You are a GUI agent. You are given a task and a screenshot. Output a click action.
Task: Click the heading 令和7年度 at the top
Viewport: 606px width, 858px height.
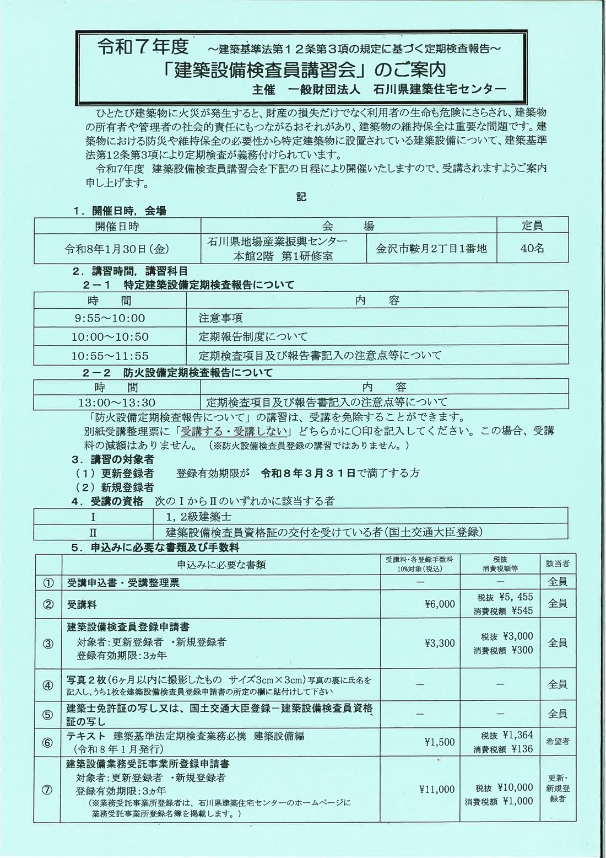point(143,46)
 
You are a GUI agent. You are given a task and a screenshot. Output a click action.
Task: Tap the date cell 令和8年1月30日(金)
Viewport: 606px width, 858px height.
point(117,249)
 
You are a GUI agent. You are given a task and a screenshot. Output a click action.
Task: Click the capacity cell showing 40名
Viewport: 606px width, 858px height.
point(532,249)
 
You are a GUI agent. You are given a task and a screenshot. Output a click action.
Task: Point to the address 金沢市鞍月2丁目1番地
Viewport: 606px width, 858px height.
point(431,249)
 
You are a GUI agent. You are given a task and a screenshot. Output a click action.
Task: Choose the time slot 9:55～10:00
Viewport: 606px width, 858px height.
point(110,318)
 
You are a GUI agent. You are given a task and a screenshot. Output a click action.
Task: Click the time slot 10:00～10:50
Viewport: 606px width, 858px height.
point(110,337)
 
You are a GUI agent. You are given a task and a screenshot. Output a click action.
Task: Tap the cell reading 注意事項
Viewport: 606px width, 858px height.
point(220,318)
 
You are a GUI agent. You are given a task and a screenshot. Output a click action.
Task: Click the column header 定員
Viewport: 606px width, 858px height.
point(532,226)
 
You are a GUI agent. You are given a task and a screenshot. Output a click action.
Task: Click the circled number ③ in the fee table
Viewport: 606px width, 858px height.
point(48,643)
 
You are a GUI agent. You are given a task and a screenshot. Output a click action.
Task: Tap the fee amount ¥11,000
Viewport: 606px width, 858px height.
point(436,790)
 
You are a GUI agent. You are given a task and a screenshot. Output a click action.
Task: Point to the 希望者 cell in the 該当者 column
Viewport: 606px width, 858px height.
point(558,742)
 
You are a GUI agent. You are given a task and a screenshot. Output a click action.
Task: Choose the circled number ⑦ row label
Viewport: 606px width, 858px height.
point(48,790)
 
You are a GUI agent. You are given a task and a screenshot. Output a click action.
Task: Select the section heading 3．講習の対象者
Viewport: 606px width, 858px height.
point(112,459)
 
